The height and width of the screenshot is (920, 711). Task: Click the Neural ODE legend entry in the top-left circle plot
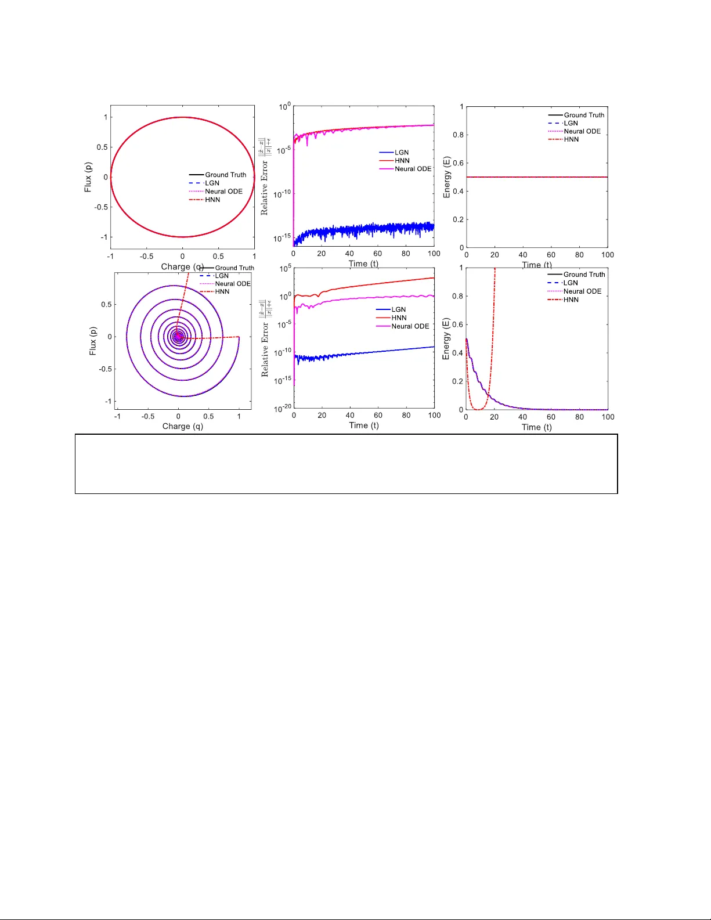coord(223,192)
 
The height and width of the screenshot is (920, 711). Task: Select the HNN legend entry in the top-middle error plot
coord(402,161)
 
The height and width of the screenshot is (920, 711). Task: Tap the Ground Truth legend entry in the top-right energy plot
coord(583,115)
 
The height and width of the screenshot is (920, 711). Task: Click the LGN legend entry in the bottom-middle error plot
coord(398,309)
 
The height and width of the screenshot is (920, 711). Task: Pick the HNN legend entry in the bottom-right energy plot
coord(571,300)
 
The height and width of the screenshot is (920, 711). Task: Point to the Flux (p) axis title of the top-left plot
coord(88,177)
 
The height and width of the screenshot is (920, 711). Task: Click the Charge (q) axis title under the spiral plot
coord(182,426)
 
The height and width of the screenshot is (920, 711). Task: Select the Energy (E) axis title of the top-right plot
coord(446,177)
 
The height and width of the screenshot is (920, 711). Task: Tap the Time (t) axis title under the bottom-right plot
coord(536,427)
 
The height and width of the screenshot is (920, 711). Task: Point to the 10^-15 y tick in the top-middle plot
coord(282,237)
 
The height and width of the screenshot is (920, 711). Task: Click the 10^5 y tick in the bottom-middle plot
coord(284,269)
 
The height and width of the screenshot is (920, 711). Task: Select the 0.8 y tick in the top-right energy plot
coord(458,135)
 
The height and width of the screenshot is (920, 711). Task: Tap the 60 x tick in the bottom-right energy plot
coord(551,417)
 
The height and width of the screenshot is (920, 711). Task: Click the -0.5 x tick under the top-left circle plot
coord(146,256)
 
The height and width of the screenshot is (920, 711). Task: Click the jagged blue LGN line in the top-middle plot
coord(360,230)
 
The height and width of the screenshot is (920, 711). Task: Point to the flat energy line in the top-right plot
coord(537,177)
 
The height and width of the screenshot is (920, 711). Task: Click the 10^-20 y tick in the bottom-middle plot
coord(283,409)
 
